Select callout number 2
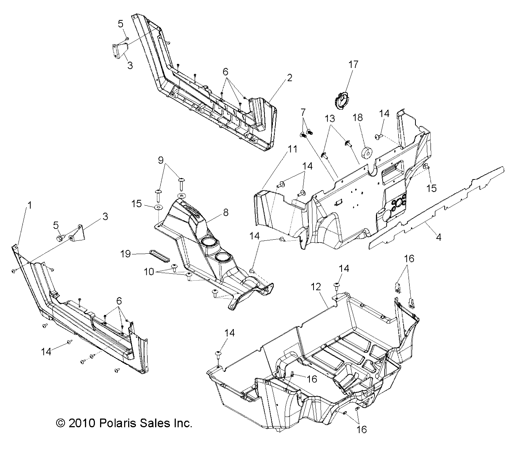click(x=290, y=78)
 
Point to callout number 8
click(x=226, y=212)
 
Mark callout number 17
click(x=353, y=64)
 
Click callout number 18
click(x=358, y=117)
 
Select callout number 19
click(x=126, y=254)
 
